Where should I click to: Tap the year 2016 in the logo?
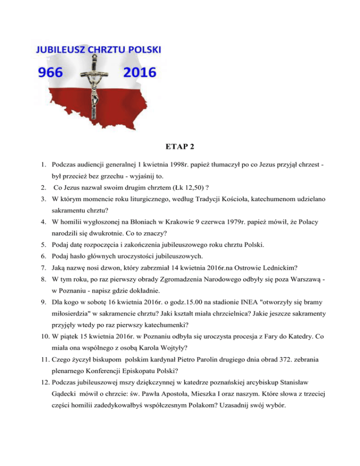click(x=139, y=73)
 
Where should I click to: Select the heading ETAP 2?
click(x=180, y=146)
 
